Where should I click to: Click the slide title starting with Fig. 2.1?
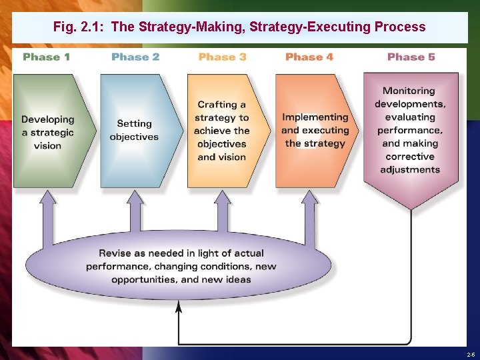[239, 27]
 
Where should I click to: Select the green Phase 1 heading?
[46, 57]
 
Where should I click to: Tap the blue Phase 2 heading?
[135, 57]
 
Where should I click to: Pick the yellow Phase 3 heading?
[222, 57]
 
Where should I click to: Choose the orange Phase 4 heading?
[309, 57]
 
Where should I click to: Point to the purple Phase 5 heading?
[411, 57]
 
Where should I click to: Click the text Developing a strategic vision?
[47, 132]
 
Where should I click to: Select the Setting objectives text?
[134, 130]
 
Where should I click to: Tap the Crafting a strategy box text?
[222, 130]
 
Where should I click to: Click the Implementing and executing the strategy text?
[315, 130]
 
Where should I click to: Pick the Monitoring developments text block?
[410, 130]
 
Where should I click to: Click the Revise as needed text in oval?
[181, 266]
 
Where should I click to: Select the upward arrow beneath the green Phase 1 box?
[48, 213]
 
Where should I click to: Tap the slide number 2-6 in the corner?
[471, 354]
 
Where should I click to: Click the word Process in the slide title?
[400, 27]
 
